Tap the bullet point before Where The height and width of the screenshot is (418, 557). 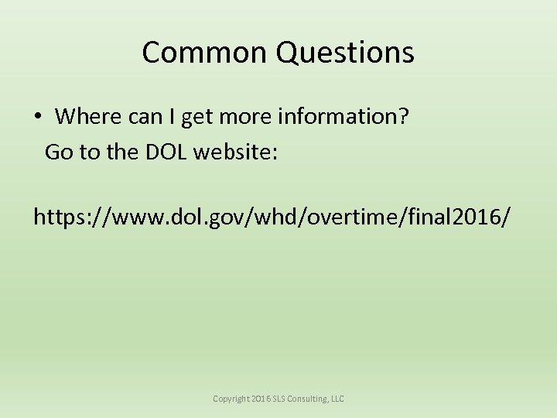pyautogui.click(x=37, y=118)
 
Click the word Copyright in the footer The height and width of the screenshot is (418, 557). pyautogui.click(x=231, y=399)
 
